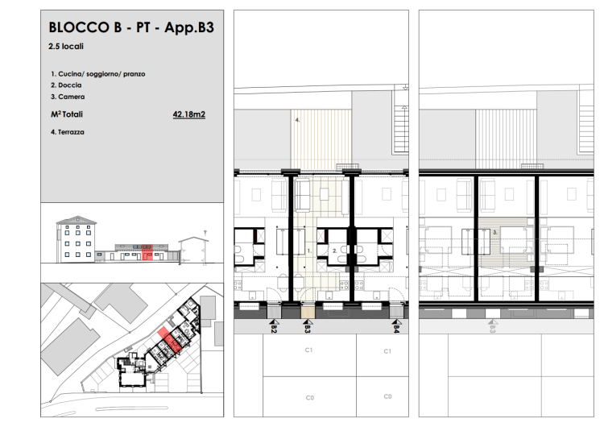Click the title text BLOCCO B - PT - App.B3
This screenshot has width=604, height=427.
(x=131, y=27)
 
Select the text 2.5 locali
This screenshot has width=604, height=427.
(x=66, y=46)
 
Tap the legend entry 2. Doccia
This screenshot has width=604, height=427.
(x=66, y=85)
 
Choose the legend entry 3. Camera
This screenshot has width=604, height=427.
(x=68, y=97)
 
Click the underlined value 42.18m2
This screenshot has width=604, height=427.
(x=188, y=114)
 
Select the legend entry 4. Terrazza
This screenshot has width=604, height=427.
(x=68, y=132)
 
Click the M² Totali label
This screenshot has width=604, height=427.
(x=67, y=114)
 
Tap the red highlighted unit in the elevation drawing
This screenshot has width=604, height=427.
(x=147, y=252)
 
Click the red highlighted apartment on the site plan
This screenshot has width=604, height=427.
(x=170, y=339)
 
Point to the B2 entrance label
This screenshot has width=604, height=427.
(x=274, y=329)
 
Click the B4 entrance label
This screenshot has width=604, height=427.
(x=396, y=329)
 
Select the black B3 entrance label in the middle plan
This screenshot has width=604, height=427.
(x=308, y=329)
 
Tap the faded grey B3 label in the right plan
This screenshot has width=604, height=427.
(x=493, y=329)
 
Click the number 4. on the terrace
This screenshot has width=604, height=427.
(x=297, y=120)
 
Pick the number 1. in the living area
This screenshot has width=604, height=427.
(x=309, y=251)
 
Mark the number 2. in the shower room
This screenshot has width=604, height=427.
(x=335, y=251)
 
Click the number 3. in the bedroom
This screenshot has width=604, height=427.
(x=495, y=232)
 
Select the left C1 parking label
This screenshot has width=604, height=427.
(x=308, y=350)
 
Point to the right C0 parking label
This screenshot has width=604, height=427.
(x=387, y=396)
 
